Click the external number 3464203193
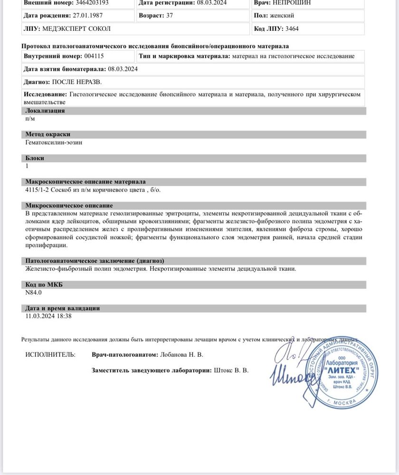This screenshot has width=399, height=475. tap(88, 2)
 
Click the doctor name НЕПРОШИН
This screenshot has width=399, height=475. tap(292, 2)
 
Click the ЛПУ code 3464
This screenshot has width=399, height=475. tap(292, 28)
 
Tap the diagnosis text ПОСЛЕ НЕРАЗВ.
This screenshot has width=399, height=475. tap(76, 82)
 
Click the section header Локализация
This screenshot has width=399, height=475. tap(45, 111)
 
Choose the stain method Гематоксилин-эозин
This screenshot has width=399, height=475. tap(54, 142)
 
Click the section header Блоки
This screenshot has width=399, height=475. tap(35, 158)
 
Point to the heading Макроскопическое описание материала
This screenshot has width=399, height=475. tap(85, 182)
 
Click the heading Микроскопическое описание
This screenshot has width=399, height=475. tap(69, 206)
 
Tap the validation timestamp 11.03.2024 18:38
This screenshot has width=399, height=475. tap(48, 316)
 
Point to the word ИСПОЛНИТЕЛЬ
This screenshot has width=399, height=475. tap(50, 354)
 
